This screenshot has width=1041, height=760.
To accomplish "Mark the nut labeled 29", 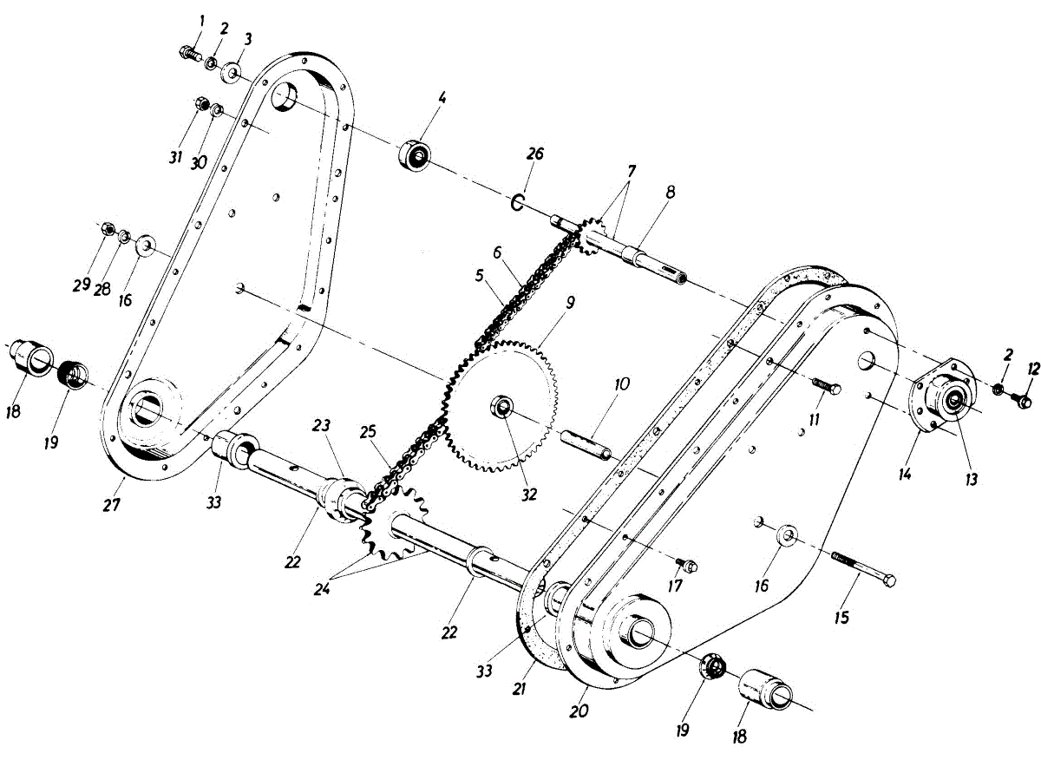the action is tap(105, 229).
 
